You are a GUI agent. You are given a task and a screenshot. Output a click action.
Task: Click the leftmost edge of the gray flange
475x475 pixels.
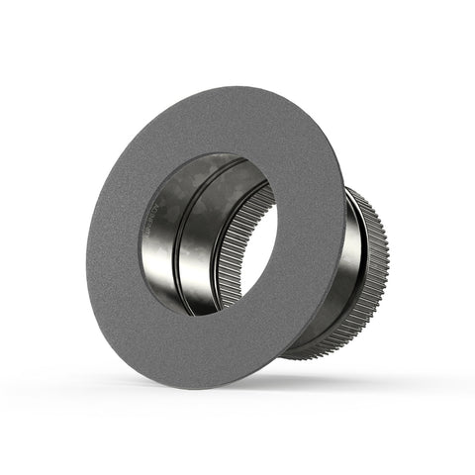87,242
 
